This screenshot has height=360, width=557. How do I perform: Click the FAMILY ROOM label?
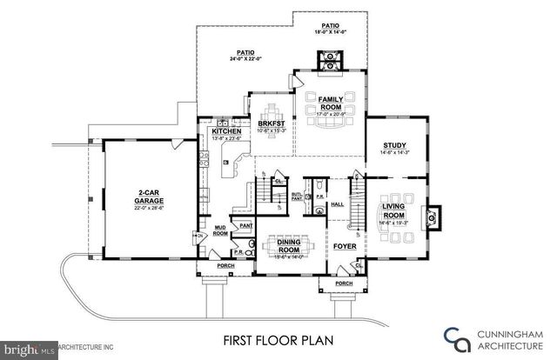coord(330,103)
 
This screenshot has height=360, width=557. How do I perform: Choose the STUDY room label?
coord(395,146)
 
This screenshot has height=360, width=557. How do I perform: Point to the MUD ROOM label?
coord(220,230)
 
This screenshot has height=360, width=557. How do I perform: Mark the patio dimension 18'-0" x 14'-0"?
coord(331,31)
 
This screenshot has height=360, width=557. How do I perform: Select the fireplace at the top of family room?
coord(331,60)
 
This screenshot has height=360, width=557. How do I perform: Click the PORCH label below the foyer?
coord(344,283)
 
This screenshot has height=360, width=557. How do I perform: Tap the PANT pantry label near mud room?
coord(246,225)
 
